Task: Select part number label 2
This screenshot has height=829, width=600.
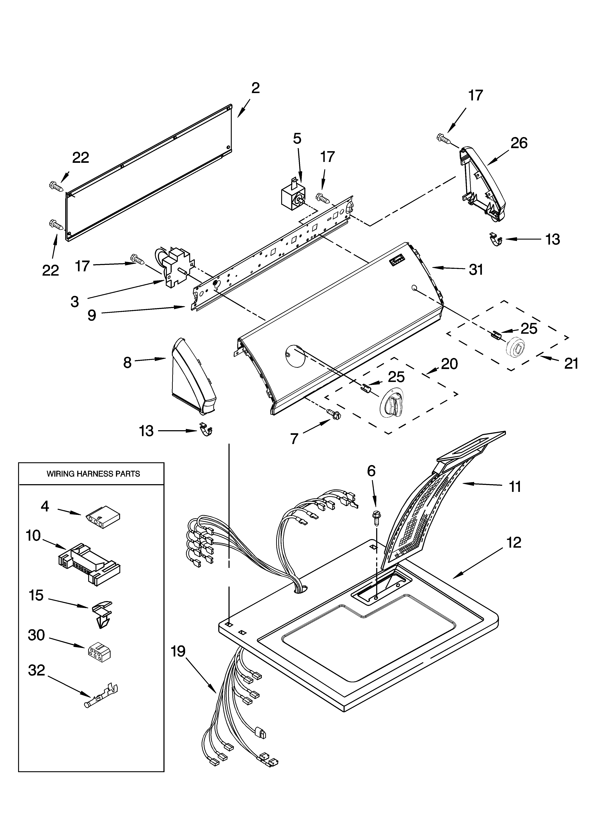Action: point(255,88)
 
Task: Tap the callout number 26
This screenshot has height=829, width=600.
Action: point(519,143)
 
